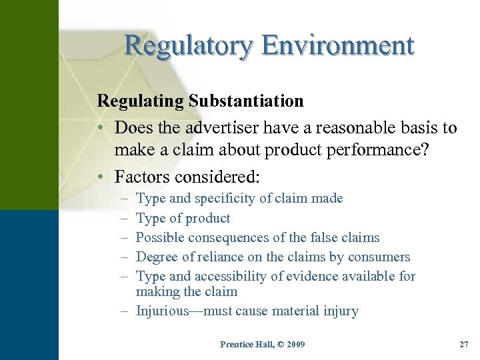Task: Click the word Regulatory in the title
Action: tap(189, 45)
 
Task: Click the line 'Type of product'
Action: tap(183, 218)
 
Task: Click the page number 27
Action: tap(464, 345)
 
